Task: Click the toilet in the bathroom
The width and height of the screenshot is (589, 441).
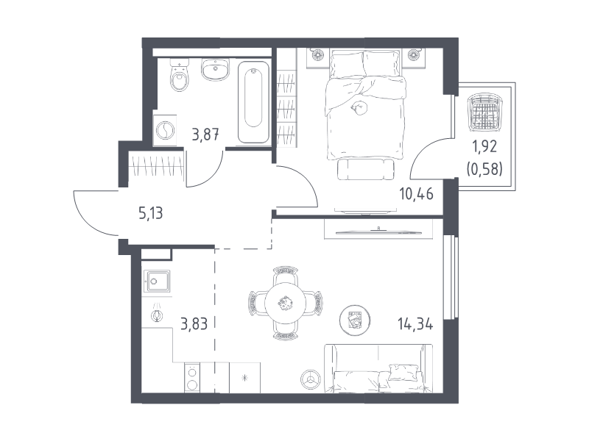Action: (180, 76)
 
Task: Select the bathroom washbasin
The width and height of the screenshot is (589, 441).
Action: (215, 69)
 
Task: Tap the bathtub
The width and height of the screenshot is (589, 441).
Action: (253, 102)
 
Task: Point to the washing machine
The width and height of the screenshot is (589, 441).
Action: (165, 131)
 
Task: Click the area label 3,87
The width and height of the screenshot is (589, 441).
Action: (205, 134)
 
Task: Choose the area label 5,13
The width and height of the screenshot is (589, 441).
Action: (151, 213)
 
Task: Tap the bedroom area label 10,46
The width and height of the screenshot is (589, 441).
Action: (416, 194)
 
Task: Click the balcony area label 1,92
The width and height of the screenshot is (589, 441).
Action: (484, 146)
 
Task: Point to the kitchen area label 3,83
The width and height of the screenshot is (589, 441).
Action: (194, 323)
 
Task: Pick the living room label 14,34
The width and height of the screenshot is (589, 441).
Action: (415, 323)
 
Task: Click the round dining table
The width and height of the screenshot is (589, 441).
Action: (286, 303)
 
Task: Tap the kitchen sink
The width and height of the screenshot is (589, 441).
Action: (157, 281)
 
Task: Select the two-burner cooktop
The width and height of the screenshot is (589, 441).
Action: (192, 378)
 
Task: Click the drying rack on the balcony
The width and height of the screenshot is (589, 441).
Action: (484, 113)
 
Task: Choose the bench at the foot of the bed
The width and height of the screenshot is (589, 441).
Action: (366, 169)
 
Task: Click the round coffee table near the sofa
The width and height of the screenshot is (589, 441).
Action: (355, 320)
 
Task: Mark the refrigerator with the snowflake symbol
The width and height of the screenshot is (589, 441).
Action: (244, 378)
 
